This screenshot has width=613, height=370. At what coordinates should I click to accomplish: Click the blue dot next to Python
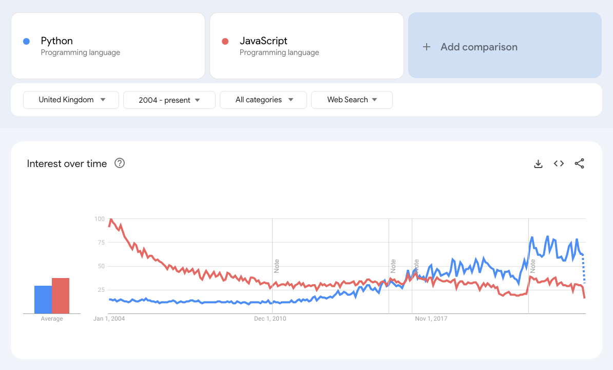coord(26,41)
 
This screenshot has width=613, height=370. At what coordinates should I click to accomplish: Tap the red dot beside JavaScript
coord(225,41)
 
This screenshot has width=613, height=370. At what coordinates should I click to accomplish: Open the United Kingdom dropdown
coord(71,100)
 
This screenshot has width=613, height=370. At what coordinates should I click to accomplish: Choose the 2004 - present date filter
coord(169,100)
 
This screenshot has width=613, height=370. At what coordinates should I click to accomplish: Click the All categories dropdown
coord(263,100)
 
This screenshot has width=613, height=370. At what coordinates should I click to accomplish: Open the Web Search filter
coord(352,100)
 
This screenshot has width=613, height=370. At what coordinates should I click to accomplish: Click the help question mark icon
coord(120,163)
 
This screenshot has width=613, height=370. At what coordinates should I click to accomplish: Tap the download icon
coord(538,164)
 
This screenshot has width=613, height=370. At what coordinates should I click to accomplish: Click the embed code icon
coord(559,163)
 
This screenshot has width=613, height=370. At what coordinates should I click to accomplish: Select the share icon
coord(580,163)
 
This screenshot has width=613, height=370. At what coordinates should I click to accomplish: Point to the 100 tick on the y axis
coord(99,219)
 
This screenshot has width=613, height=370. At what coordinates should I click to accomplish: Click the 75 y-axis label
coord(101,243)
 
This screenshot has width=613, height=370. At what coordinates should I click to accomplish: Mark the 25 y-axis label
coord(101,290)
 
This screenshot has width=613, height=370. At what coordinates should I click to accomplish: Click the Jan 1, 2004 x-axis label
coord(109,319)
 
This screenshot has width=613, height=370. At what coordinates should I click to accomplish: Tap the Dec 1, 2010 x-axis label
coord(270,319)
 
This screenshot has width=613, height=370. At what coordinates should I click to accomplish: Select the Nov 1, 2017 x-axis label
coord(431,319)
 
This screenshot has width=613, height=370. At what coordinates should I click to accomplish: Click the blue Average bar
coord(43,300)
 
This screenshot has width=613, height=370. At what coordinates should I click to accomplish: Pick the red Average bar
coord(61,295)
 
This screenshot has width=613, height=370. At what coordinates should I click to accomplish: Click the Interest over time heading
coord(67,164)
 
